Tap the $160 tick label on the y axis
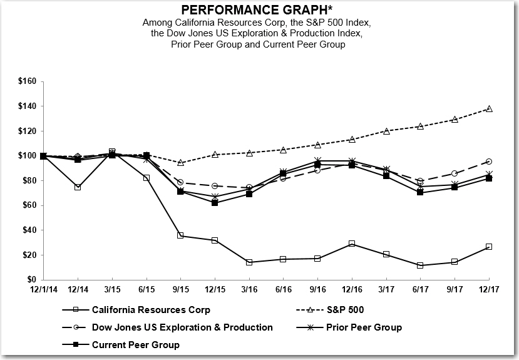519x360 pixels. tap(28, 81)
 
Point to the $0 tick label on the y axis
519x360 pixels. tap(32, 279)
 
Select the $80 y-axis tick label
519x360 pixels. tap(30, 180)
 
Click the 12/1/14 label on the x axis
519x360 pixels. tap(43, 291)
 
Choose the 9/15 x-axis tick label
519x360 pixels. tap(180, 291)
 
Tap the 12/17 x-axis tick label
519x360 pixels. tap(489, 291)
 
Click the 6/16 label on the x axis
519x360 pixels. tap(283, 291)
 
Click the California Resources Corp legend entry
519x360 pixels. tap(151, 309)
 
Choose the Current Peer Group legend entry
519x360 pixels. tap(135, 344)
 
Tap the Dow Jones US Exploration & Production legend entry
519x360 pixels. tap(182, 327)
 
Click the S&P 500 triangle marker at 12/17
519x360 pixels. tap(489, 109)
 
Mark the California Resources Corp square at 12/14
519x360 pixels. tap(78, 187)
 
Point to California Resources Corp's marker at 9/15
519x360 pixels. tap(180, 235)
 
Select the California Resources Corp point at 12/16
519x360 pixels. tap(352, 244)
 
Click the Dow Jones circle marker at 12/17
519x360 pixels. tap(489, 162)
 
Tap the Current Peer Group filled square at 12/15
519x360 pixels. tap(215, 203)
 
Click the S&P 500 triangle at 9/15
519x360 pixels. tap(180, 163)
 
